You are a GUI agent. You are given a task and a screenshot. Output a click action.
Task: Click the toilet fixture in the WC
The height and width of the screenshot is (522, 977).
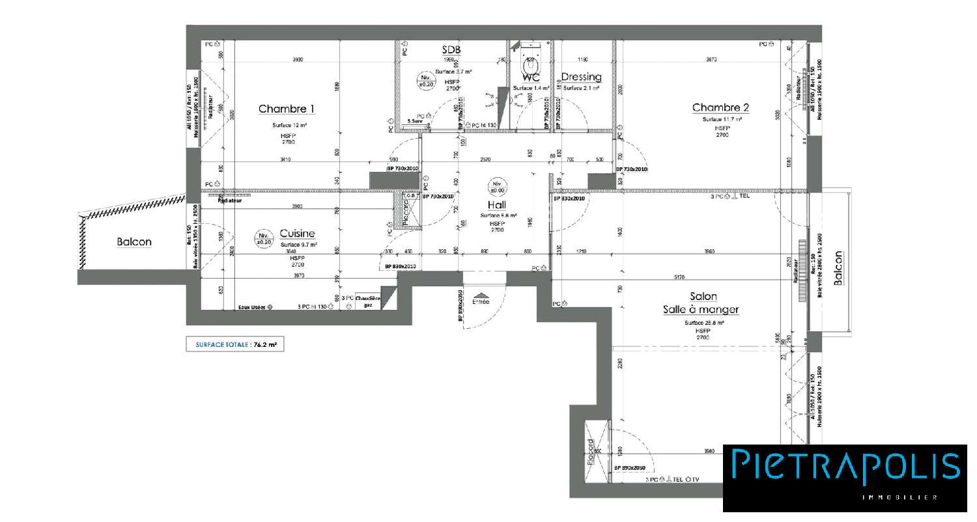click(x=529, y=65)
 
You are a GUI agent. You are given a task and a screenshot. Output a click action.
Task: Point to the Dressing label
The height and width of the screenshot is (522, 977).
click(x=581, y=77)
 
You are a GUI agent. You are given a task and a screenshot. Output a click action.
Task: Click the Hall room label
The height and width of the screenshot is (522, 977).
click(x=498, y=204)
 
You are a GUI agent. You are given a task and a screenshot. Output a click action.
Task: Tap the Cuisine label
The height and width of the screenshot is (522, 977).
click(x=297, y=234)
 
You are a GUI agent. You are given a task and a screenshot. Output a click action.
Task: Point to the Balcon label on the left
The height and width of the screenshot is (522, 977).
click(x=134, y=242)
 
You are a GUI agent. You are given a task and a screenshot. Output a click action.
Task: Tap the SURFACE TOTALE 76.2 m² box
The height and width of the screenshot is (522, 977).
click(x=235, y=345)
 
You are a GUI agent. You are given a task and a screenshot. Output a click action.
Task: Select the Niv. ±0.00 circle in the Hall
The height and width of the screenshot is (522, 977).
click(x=497, y=187)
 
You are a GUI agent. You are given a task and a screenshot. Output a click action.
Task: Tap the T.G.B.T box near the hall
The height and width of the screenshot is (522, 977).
click(x=410, y=195)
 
